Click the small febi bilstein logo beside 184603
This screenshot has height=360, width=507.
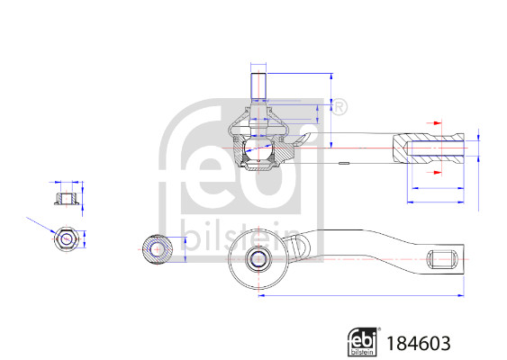point(363,342)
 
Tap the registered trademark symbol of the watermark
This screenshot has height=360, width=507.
point(340,109)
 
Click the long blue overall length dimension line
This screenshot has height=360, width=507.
point(360,294)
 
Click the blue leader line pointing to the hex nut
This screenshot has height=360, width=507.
point(41,225)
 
